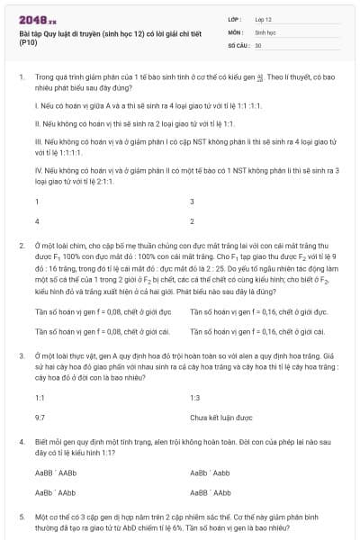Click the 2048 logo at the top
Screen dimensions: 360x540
coord(37,17)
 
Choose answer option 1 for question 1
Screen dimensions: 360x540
coord(37,202)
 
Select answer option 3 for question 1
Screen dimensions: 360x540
coord(193,202)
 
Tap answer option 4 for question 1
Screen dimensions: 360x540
coord(37,220)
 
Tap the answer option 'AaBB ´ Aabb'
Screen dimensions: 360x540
coord(211,472)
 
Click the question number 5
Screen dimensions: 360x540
coord(21,518)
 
